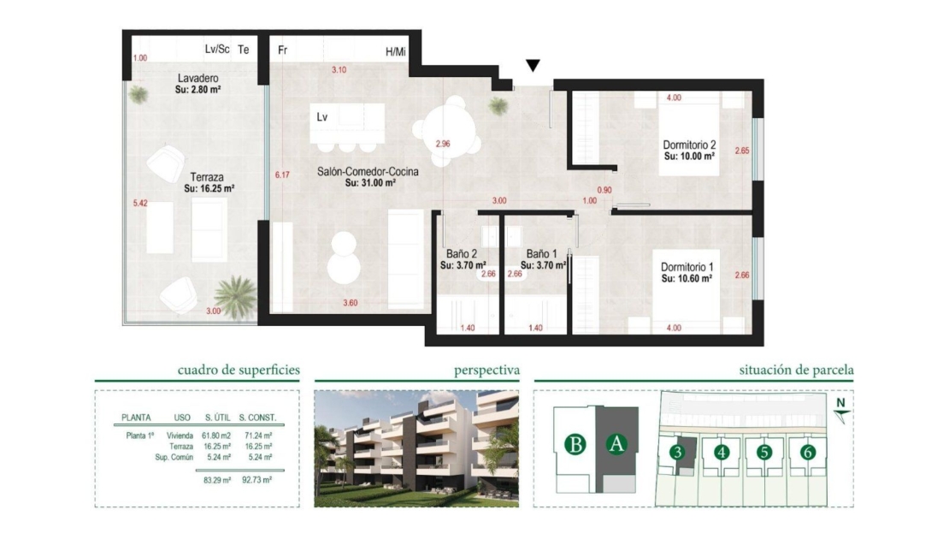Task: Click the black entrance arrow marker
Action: point(533,65)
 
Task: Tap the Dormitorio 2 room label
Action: point(689,145)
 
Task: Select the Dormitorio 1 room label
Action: point(687,267)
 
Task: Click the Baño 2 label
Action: point(462,254)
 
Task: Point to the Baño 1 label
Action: point(542,254)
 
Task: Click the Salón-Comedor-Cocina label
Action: point(368,172)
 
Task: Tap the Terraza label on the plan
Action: point(207,177)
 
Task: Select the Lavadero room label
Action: point(197,79)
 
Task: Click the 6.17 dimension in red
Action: point(282,175)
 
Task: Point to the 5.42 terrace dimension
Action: point(140,204)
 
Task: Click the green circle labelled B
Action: point(575,445)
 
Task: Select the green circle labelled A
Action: point(616,445)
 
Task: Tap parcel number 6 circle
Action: point(807,453)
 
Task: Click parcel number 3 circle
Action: point(677,453)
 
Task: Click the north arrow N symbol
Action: point(840,410)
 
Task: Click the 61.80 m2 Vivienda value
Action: point(217,435)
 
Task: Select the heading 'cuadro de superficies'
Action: point(239,370)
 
